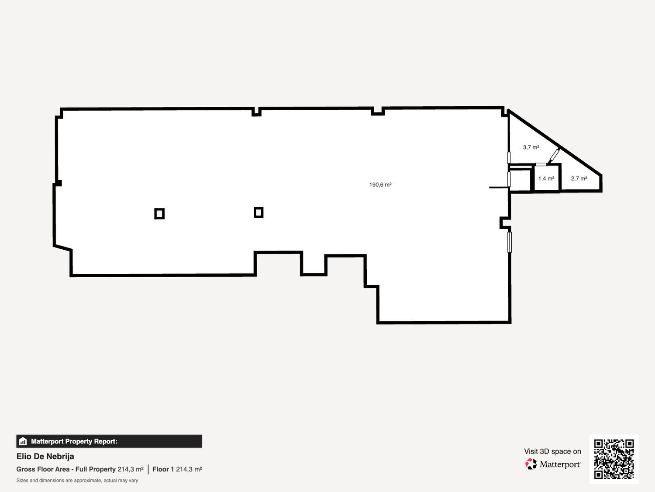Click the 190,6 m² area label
380,185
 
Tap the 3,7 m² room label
531,147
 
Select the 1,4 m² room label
546,178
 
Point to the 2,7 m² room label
579,178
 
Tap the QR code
614,459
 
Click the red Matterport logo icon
531,464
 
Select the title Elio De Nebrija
45,457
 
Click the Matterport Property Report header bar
109,441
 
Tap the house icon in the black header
23,441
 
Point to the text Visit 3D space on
552,451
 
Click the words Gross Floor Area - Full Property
66,469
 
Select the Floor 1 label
163,469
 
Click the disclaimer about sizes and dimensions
77,481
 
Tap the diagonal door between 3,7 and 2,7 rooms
554,155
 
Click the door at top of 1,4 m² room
541,164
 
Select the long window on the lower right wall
510,242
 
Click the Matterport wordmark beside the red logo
560,464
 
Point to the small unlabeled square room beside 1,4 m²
520,180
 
